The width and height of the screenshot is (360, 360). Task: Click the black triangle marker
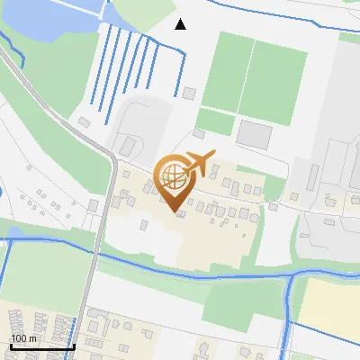pyautogui.click(x=181, y=24)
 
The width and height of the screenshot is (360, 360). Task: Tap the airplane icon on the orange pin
pyautogui.click(x=199, y=163)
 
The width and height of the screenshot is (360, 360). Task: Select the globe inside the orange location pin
pyautogui.click(x=174, y=177)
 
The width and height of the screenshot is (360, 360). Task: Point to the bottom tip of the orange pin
pyautogui.click(x=175, y=211)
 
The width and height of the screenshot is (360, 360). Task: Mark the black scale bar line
pyautogui.click(x=41, y=346)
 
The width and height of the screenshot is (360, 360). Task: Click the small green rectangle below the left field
pyautogui.click(x=214, y=122)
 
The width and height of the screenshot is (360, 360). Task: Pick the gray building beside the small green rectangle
pyautogui.click(x=254, y=135)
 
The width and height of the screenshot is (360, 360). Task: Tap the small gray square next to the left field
pyautogui.click(x=189, y=93)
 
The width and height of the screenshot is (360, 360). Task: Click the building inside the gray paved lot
pyautogui.click(x=128, y=145)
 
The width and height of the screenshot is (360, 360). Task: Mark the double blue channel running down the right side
pyautogui.click(x=288, y=315)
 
